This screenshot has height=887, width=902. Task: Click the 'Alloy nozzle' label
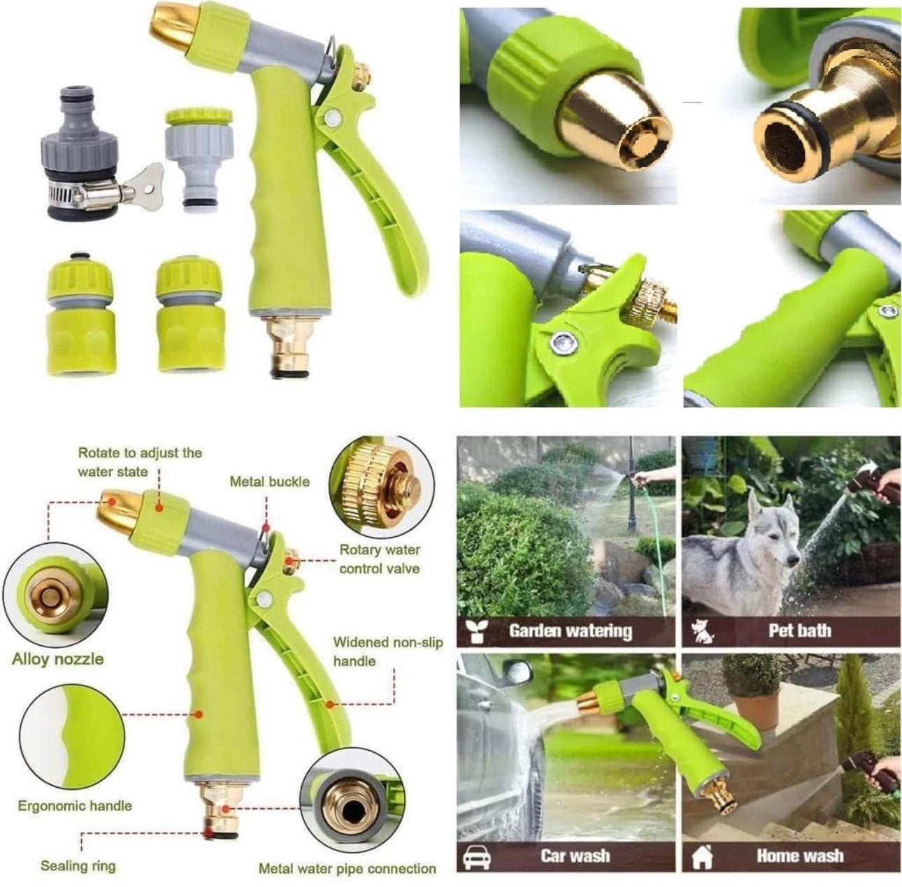click(58, 659)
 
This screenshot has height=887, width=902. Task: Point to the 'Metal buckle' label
click(270, 482)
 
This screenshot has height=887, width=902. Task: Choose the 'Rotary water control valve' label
click(380, 559)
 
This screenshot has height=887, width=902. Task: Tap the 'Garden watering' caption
click(571, 631)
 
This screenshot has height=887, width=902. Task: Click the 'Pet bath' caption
click(799, 630)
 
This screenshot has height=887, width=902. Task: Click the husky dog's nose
click(794, 560)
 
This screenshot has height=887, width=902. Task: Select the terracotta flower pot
click(754, 710)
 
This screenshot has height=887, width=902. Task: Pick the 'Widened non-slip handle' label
click(387, 652)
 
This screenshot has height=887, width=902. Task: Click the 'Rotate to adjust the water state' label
click(139, 462)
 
